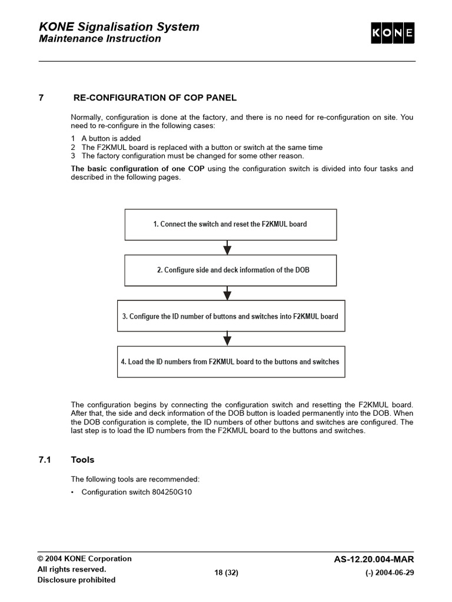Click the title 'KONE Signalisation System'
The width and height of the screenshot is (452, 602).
119,26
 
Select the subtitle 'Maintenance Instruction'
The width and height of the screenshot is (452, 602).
99,39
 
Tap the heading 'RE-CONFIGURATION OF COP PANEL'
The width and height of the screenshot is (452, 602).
154,98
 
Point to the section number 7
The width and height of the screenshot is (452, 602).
41,98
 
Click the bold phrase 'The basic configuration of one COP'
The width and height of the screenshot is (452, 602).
138,169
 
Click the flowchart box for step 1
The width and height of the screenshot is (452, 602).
230,224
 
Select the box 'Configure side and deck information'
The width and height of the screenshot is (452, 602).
230,270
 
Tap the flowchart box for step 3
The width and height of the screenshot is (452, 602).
230,316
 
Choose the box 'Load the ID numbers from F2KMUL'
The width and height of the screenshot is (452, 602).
230,362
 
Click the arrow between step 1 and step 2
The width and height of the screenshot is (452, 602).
228,247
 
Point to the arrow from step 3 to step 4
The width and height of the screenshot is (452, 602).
228,339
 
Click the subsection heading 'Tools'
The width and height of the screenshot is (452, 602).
82,460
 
